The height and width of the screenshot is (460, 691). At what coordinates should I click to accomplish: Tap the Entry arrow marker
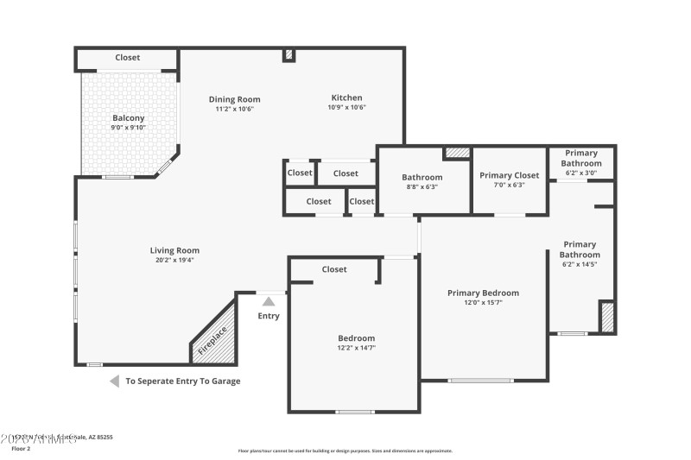[x=269, y=301]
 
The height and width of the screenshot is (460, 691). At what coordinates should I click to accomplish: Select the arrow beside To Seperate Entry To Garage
[x=114, y=381]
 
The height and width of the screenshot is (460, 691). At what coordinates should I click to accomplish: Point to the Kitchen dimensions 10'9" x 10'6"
[x=346, y=108]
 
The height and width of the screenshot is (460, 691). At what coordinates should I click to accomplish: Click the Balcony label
[x=129, y=118]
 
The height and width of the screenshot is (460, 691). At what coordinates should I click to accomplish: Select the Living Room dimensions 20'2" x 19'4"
[x=174, y=260]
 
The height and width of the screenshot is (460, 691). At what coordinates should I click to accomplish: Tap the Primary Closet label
[x=510, y=175]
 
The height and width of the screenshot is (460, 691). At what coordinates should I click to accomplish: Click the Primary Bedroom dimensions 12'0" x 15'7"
[x=483, y=303]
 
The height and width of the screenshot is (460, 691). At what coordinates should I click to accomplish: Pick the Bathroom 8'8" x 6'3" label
[x=422, y=177]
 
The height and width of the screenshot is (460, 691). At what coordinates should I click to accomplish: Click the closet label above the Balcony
[x=128, y=58]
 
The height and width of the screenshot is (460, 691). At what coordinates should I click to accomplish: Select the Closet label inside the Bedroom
[x=334, y=269]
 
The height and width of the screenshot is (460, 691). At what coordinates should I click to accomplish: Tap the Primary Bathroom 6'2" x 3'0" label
[x=581, y=158]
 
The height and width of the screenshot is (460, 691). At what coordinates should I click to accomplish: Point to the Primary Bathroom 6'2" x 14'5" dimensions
[x=580, y=265]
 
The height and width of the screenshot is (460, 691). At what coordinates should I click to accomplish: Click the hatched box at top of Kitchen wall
[x=289, y=55]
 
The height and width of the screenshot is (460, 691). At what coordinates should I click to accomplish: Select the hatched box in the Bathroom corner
[x=458, y=153]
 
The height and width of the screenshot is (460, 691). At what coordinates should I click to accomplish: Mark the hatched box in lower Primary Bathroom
[x=607, y=316]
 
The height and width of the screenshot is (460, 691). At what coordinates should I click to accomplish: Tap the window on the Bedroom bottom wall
[x=354, y=412]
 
